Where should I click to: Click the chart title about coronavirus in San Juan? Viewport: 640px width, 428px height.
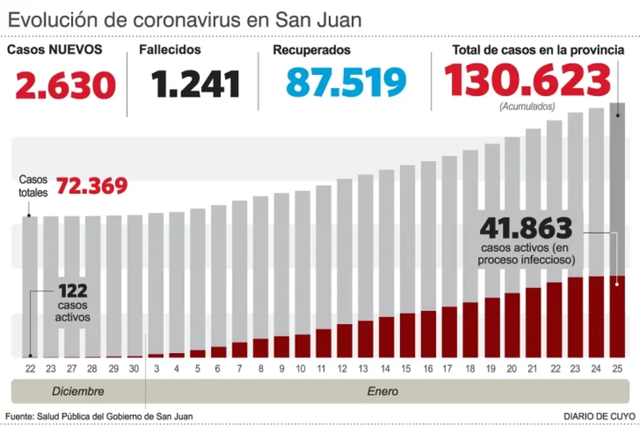(184, 19)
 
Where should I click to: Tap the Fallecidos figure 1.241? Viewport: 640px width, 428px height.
(195, 84)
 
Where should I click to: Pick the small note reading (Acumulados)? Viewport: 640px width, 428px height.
(527, 106)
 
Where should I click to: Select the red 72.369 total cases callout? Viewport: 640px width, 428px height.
(92, 186)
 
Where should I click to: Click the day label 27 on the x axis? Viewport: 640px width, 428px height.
(72, 369)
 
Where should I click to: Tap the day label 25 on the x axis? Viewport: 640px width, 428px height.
(618, 369)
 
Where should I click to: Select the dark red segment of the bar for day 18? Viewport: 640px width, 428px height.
(470, 329)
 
